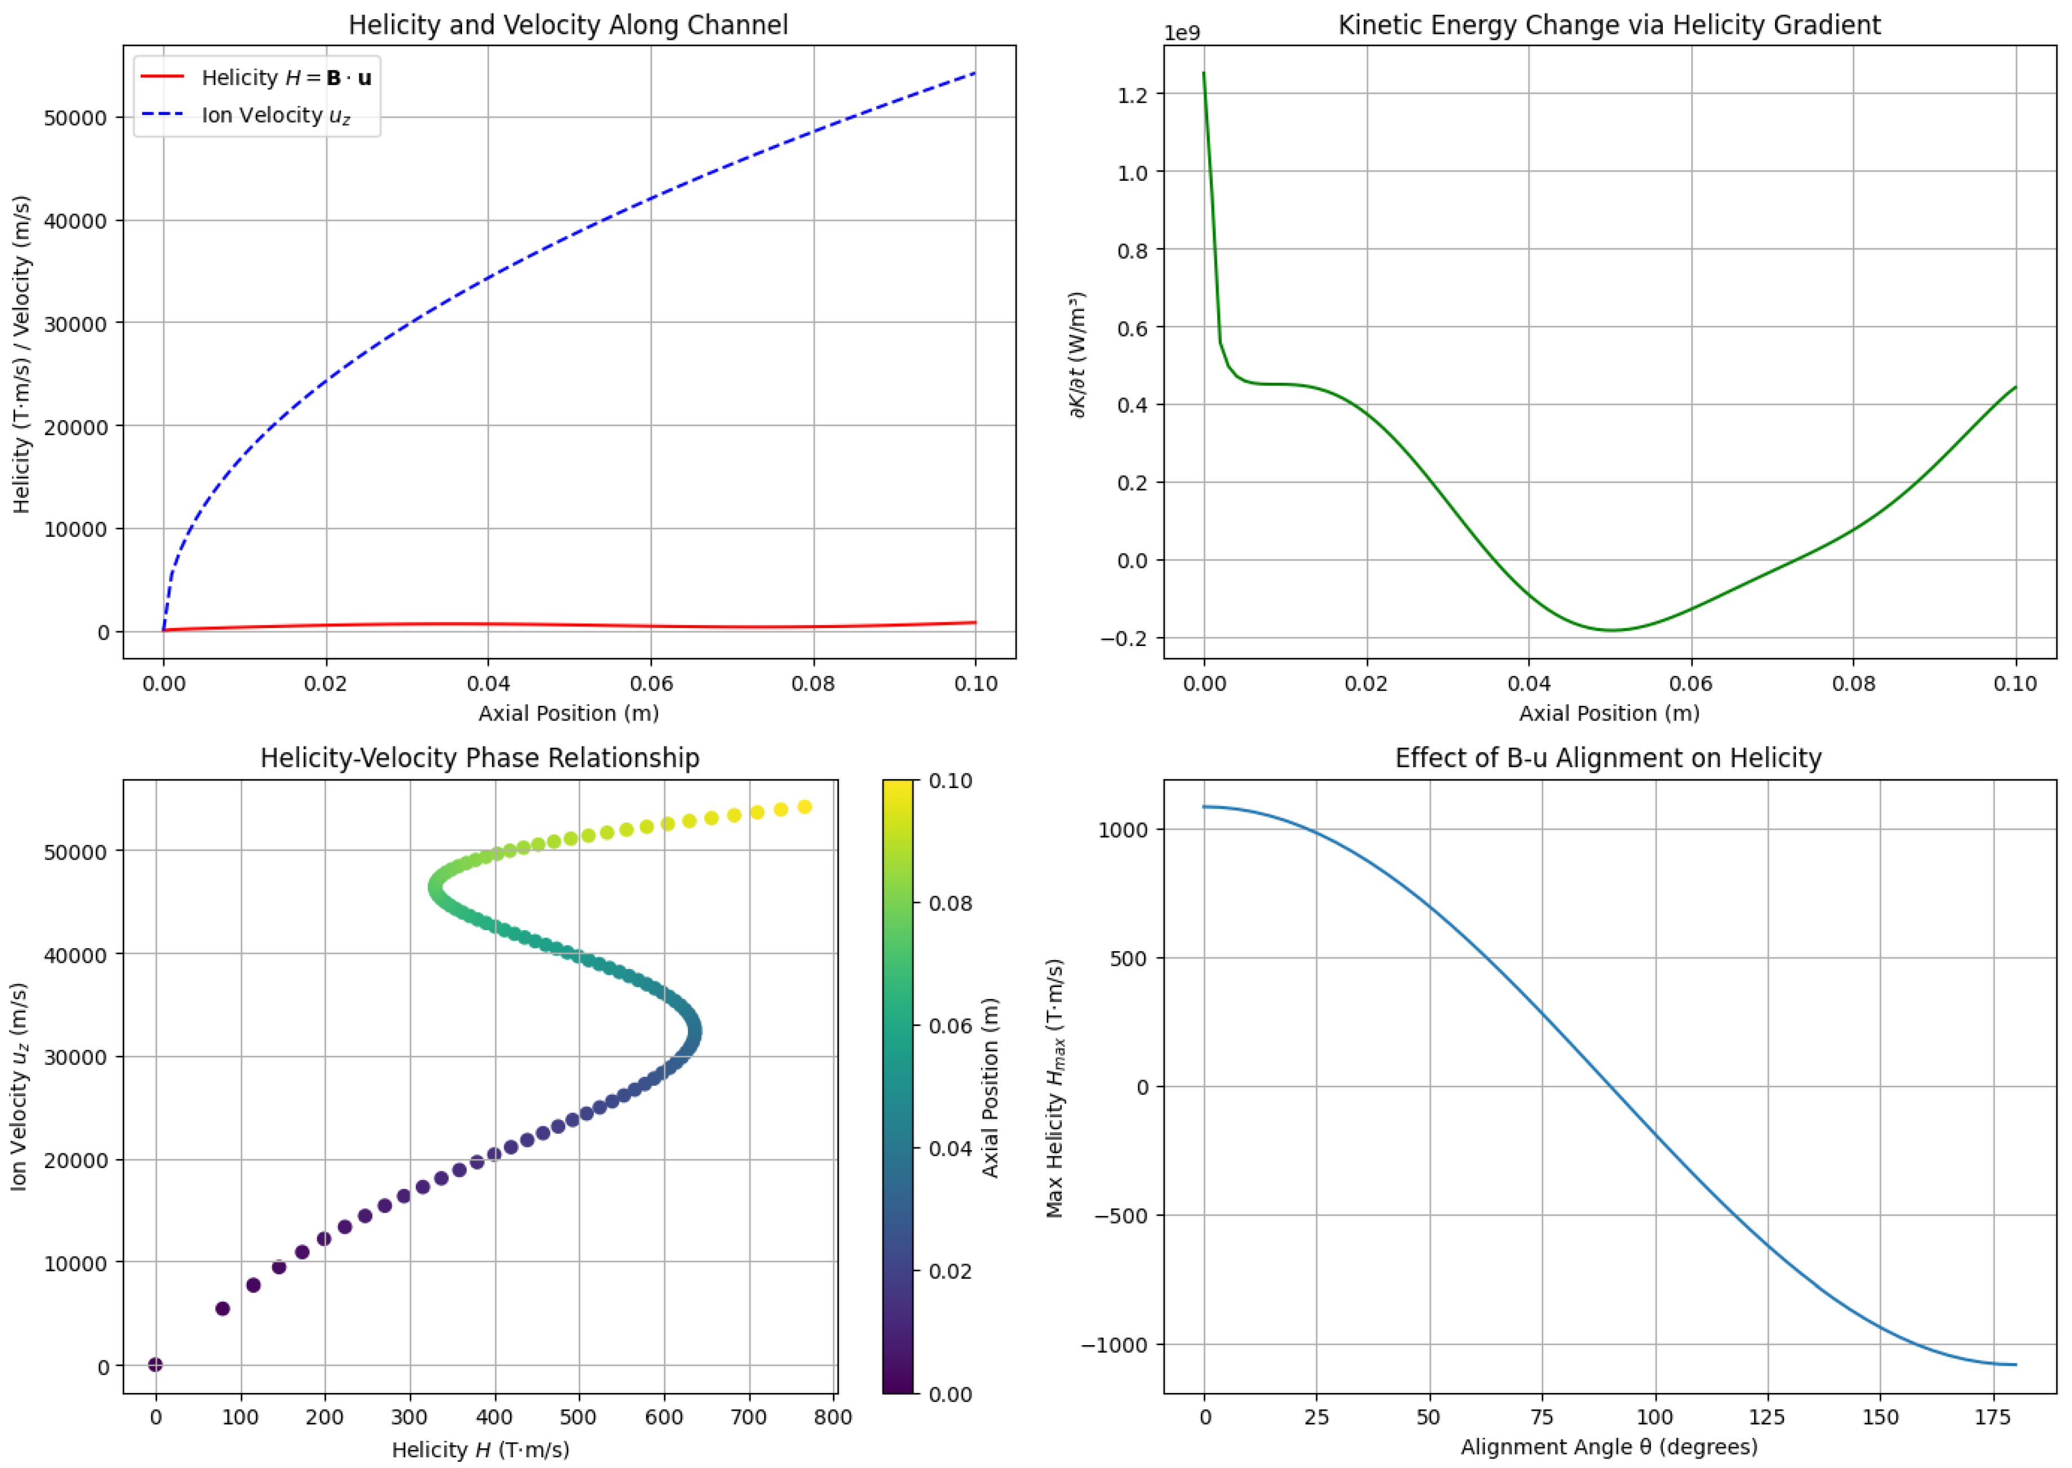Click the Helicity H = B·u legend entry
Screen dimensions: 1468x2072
click(286, 78)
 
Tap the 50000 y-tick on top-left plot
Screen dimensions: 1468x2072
click(75, 118)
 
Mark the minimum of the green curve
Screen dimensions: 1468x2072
click(1612, 630)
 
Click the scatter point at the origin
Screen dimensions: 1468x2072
click(156, 1364)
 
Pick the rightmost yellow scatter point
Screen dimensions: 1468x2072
click(804, 806)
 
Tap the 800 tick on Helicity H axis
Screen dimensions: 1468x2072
click(832, 1417)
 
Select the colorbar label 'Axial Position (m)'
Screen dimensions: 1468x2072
click(991, 1087)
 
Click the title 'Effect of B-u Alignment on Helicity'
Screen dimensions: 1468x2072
click(1608, 758)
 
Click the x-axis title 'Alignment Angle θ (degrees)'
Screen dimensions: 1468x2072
click(1608, 1447)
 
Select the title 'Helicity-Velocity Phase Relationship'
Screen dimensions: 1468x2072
click(480, 758)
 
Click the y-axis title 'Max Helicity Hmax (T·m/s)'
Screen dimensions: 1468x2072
click(1054, 1087)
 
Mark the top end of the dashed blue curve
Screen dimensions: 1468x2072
click(975, 72)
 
